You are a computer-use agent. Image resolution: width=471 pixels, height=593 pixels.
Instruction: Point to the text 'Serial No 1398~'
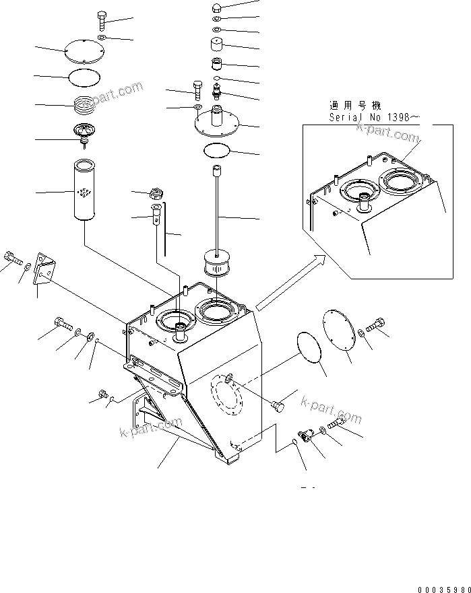tap(374, 117)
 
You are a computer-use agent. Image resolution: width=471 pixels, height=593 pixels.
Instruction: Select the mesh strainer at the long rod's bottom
tap(216, 263)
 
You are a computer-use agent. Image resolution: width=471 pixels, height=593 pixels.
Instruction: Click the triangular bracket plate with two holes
tap(45, 270)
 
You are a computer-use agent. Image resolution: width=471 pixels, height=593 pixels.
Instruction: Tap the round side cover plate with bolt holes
tap(339, 330)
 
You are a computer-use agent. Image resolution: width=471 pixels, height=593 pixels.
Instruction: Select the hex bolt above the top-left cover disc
tap(100, 21)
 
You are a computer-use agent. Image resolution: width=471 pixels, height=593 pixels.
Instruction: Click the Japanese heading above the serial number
tap(354, 106)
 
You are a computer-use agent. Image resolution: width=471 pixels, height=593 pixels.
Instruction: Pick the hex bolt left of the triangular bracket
tap(13, 258)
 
